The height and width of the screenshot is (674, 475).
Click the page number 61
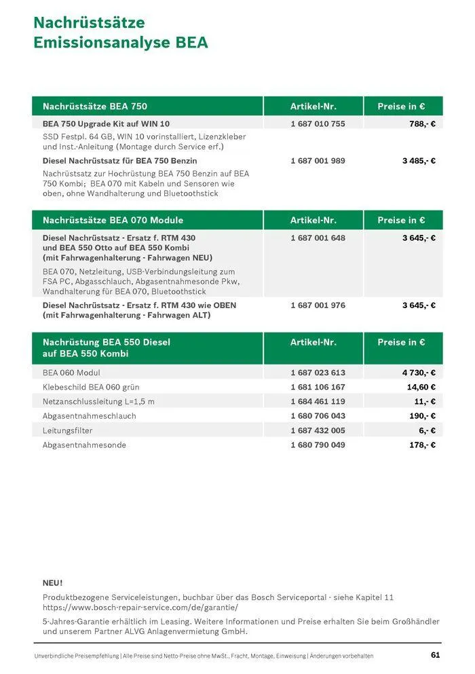point(436,655)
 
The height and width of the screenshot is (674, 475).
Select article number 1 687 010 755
point(318,124)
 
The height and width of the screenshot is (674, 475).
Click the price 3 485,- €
point(419,161)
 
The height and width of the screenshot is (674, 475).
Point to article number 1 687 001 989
point(318,161)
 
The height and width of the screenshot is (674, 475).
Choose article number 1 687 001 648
point(318,238)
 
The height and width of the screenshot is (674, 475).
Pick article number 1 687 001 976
point(318,305)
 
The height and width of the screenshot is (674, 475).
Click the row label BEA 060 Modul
point(71,373)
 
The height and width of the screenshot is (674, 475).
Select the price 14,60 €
point(421,387)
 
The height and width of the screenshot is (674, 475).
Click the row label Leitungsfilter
point(67,430)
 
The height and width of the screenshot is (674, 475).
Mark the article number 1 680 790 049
point(318,445)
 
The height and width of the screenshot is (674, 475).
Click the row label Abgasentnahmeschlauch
point(89,416)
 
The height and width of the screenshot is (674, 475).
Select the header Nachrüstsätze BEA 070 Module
point(113,220)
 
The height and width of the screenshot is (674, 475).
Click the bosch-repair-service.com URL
point(140,607)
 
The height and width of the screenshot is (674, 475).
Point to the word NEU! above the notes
point(52,582)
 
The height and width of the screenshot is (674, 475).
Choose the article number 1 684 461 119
point(318,401)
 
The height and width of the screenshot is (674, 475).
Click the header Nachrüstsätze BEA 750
point(94,106)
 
